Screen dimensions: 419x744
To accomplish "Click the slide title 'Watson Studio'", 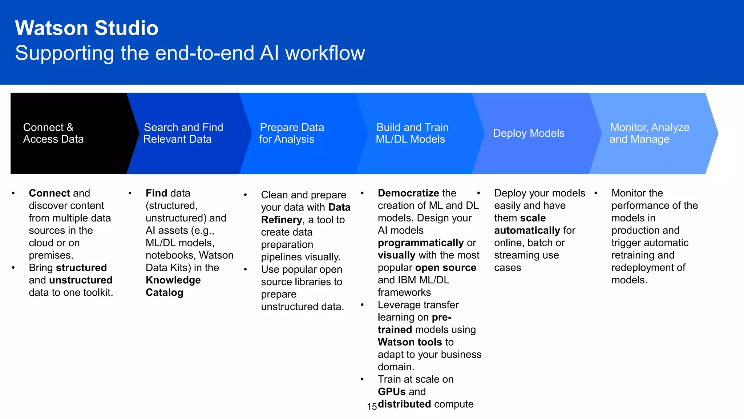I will point(86,28).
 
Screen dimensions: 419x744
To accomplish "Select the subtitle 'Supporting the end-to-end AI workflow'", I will point(190,53).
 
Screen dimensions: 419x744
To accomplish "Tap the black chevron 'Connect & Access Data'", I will point(53,133).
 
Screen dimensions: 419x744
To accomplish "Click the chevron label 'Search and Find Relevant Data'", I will point(183,133).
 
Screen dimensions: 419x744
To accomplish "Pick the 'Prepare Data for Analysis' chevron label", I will point(291,133).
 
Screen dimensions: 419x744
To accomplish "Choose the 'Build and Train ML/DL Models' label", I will point(412,133).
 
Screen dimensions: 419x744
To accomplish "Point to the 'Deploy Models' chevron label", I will point(528,133).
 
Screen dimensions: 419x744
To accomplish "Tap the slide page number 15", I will point(372,407).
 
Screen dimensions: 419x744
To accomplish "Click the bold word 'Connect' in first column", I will point(49,193).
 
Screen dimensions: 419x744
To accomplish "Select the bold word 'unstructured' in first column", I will point(81,280).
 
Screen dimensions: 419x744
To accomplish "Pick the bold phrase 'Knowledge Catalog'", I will point(173,286).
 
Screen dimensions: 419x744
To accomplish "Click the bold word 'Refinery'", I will point(281,220).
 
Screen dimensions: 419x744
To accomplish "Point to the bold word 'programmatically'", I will point(421,243).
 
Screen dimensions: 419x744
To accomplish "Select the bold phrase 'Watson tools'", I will point(410,342).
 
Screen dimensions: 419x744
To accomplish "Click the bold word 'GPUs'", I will point(391,392).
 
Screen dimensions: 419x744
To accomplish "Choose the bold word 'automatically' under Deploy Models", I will point(527,231).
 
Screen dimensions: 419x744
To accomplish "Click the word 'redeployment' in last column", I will point(643,268).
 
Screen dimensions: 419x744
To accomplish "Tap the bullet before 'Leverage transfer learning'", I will point(362,305).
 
